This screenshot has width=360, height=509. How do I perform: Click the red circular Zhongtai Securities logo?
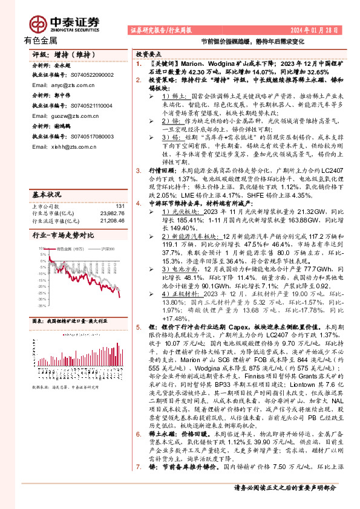click(x=39, y=24)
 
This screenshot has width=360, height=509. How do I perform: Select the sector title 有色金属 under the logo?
click(x=41, y=41)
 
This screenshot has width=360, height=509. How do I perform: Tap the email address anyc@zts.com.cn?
click(x=61, y=86)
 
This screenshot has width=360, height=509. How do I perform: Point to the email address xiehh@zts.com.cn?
click(x=62, y=146)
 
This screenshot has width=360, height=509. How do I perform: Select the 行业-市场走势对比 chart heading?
click(x=63, y=235)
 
